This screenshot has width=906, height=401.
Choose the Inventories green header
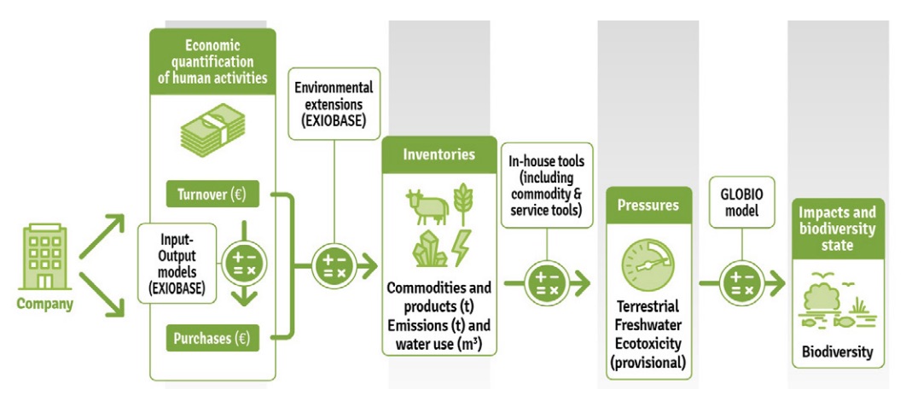(438, 155)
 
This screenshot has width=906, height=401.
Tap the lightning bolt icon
(462, 247)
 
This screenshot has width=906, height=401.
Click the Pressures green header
(648, 205)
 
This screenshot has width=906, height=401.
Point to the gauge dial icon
(649, 264)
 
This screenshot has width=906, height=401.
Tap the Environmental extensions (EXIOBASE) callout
(334, 104)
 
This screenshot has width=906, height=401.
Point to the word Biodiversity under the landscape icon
(837, 352)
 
